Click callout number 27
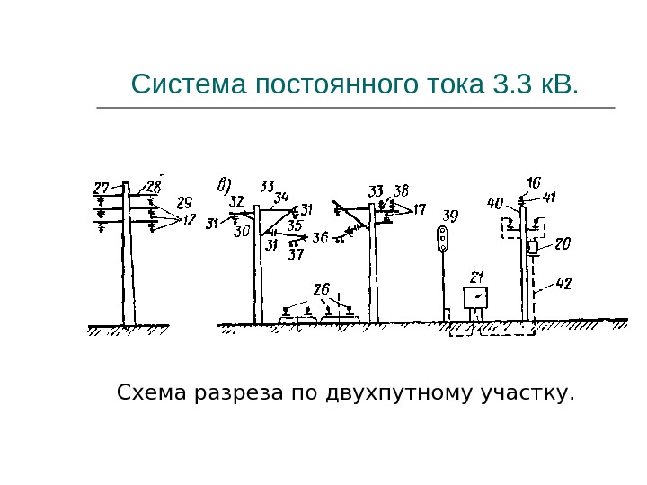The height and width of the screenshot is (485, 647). (x=102, y=189)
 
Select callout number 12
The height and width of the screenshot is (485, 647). (x=189, y=220)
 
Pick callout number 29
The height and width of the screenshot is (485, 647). (x=184, y=202)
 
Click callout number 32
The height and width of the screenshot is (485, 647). (x=236, y=200)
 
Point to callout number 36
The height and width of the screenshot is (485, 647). (x=319, y=238)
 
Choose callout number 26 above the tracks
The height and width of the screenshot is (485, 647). (x=321, y=289)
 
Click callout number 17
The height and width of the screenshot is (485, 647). (x=419, y=210)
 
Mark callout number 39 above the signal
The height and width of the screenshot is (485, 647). (x=450, y=216)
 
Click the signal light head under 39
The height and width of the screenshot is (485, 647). (x=442, y=238)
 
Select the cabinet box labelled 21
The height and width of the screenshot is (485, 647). (x=475, y=297)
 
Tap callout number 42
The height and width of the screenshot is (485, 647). (x=563, y=284)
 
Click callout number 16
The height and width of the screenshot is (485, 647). (x=533, y=183)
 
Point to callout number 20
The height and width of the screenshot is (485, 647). (x=563, y=243)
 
